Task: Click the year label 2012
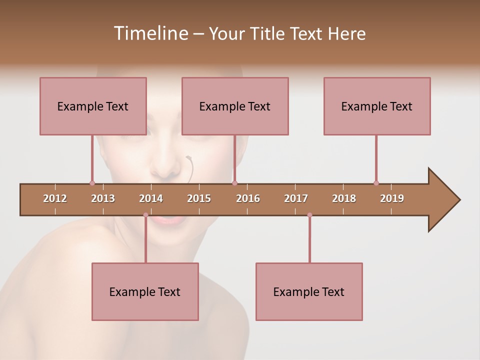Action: (55, 198)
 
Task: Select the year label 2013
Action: (103, 198)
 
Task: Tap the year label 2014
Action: (151, 198)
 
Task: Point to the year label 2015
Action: (199, 198)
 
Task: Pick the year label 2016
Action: (248, 198)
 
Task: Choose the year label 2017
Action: (296, 198)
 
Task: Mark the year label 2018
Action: (344, 198)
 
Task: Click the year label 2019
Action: (392, 198)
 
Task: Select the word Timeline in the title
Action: (150, 33)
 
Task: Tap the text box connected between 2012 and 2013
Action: (93, 106)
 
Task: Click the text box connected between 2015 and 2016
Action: (235, 106)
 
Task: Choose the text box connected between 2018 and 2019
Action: (377, 106)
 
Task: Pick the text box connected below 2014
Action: (145, 291)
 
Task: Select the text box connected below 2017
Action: (309, 291)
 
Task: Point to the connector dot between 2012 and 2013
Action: (92, 183)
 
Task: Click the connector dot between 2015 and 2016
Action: (234, 183)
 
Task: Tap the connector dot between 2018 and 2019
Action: (376, 183)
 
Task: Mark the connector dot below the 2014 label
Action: (145, 215)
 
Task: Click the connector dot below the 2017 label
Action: (309, 215)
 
